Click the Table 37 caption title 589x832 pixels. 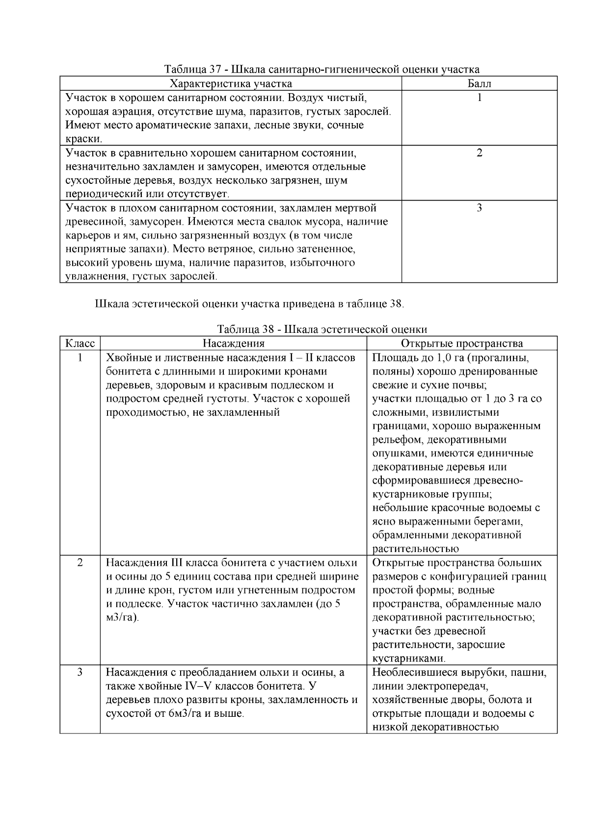pos(321,69)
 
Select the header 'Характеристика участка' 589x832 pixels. pos(231,83)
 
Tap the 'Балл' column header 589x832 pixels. pos(479,83)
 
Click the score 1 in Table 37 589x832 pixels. pos(479,98)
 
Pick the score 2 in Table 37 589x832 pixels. pos(479,152)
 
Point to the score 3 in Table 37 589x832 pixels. pos(479,208)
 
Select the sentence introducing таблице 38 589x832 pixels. pos(250,303)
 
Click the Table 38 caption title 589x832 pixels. pos(321,329)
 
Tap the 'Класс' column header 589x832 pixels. pos(80,343)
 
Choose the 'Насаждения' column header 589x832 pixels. pos(233,343)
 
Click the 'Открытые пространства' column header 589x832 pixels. pos(462,343)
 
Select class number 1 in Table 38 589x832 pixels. pos(80,357)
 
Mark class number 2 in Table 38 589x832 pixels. pos(80,562)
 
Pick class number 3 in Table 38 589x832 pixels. pos(80,672)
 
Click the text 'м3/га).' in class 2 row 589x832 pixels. pos(123,617)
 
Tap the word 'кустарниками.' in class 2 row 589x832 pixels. pos(409,658)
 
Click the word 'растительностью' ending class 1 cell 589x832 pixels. pos(416,549)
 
